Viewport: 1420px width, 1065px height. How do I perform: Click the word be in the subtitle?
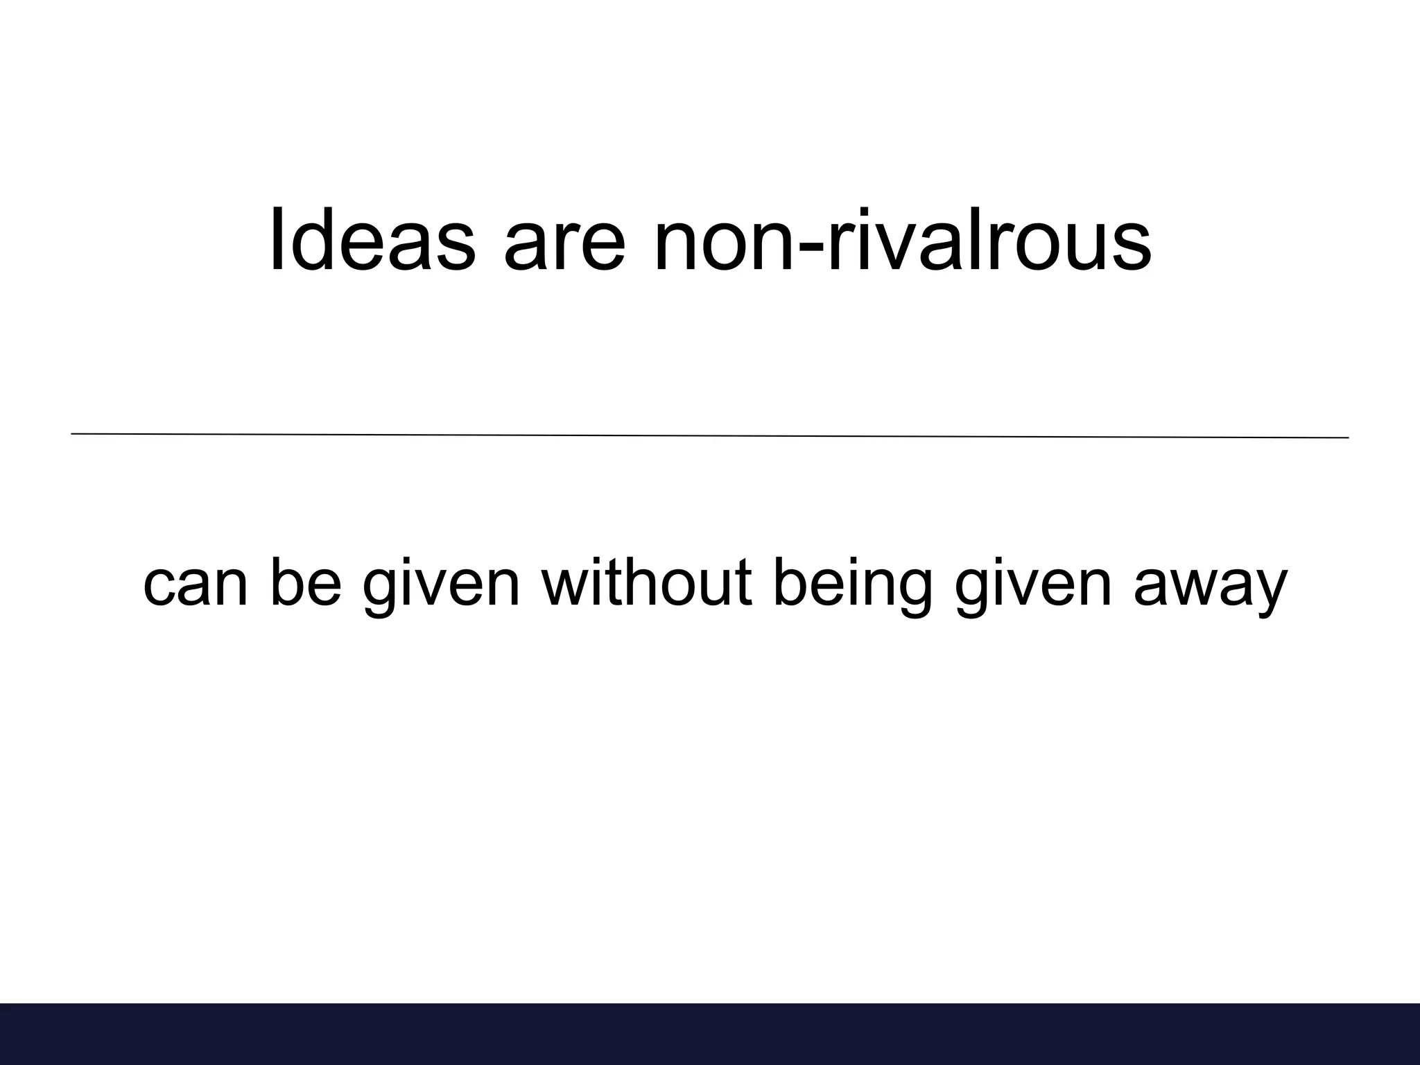[x=306, y=582]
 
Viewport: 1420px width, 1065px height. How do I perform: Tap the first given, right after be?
[x=441, y=586]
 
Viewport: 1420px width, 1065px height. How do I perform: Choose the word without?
[x=647, y=582]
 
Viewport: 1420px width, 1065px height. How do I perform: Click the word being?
[x=852, y=586]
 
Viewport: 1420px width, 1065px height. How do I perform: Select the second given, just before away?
[x=1033, y=586]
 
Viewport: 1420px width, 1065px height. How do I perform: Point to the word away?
[x=1211, y=588]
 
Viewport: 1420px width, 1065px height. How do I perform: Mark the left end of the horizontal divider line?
[x=72, y=434]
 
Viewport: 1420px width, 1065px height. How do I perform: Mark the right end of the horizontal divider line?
[x=1348, y=438]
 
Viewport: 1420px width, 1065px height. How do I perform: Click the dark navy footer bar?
[x=710, y=1033]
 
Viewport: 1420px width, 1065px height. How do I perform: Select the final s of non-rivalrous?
[x=1132, y=248]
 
